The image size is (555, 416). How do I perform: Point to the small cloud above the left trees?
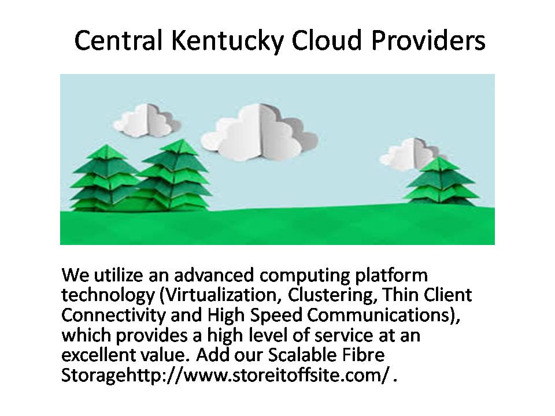pos(146,121)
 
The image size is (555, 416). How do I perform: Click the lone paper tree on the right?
pos(441,181)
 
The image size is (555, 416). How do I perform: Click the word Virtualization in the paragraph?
pos(221,295)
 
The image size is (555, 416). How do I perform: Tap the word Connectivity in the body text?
pos(113,315)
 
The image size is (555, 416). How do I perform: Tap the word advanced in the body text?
pos(214,275)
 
